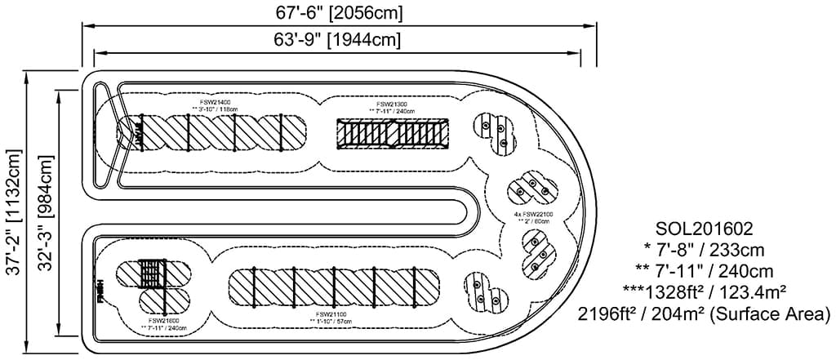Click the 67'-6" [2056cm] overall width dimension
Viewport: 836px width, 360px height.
point(339,12)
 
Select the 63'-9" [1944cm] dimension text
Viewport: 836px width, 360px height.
point(339,38)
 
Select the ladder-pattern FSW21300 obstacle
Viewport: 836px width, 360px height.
point(392,133)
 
